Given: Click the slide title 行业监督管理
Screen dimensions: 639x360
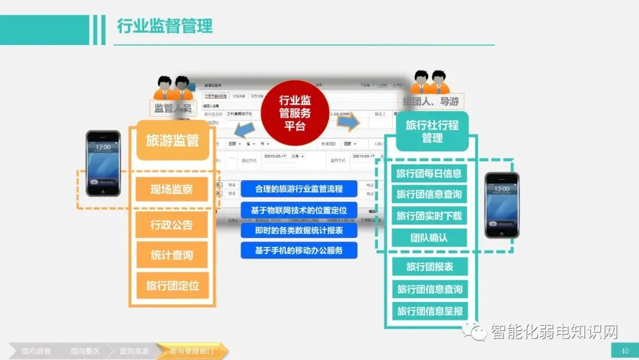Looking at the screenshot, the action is click(x=164, y=27).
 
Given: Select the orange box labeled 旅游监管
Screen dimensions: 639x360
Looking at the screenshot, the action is click(x=172, y=140).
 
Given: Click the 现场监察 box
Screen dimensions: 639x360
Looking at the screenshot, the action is click(x=172, y=190).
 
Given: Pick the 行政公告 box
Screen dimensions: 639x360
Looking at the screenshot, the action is click(x=172, y=225).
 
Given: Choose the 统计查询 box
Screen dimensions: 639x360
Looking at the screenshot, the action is click(x=172, y=255).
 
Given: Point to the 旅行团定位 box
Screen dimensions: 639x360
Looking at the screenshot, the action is click(x=172, y=285).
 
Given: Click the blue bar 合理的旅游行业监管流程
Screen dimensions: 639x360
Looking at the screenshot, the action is click(x=299, y=189).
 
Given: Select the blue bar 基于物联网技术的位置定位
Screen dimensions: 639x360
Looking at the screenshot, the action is click(x=299, y=210).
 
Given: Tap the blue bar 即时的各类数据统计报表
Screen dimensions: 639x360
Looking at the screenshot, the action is click(x=299, y=230).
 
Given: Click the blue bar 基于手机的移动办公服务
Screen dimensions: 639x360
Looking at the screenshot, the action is click(x=299, y=250).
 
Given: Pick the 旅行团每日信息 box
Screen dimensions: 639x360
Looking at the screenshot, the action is click(x=429, y=174).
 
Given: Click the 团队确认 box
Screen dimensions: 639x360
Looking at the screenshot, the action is click(x=429, y=238).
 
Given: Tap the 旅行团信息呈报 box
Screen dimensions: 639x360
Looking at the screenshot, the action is click(x=430, y=311).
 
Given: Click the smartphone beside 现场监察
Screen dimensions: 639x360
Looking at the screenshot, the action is click(x=103, y=163).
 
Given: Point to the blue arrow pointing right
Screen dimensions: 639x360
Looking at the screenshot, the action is click(x=348, y=122).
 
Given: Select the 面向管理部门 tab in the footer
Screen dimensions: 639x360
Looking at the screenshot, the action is click(x=191, y=351).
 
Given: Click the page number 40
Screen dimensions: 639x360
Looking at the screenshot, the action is click(x=625, y=351).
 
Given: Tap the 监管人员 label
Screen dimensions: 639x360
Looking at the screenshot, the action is click(x=173, y=108).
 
